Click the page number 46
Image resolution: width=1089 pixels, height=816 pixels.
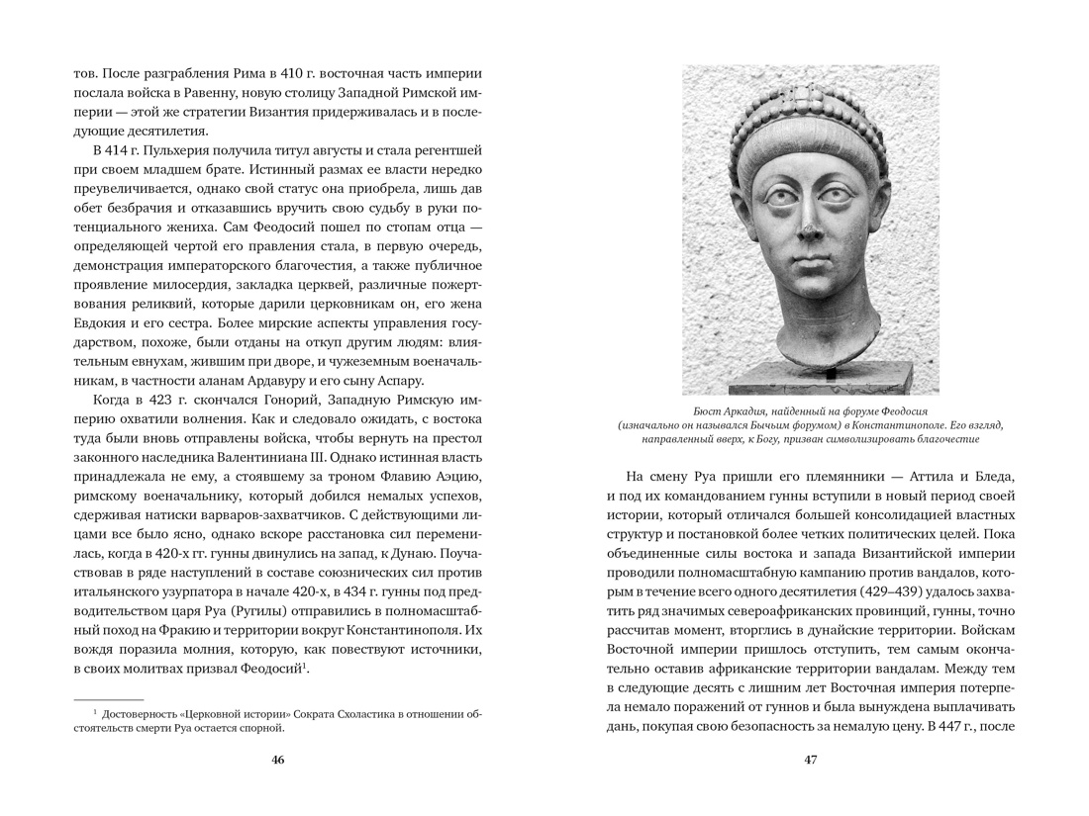pyautogui.click(x=277, y=760)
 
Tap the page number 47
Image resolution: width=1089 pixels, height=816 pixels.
pyautogui.click(x=810, y=760)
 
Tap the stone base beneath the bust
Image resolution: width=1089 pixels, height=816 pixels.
pyautogui.click(x=810, y=380)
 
